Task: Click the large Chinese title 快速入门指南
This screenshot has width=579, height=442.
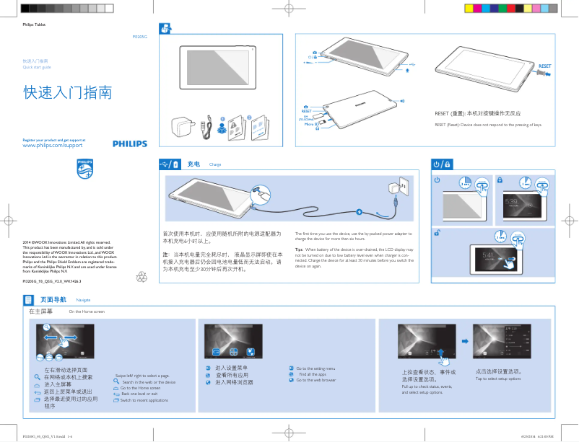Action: point(68,94)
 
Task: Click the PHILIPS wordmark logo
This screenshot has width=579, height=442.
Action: point(129,144)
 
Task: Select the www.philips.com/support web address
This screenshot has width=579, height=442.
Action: point(53,146)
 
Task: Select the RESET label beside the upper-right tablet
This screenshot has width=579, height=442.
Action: point(545,65)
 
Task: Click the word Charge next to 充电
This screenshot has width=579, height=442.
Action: point(214,165)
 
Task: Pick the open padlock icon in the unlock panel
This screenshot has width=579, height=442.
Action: point(437,232)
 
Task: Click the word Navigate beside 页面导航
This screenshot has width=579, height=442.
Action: point(83,299)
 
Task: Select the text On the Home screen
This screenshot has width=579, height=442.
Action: point(87,311)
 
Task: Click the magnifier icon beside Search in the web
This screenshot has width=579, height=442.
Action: point(116,382)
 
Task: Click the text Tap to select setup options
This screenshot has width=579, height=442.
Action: point(498,379)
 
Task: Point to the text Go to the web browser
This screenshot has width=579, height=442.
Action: point(316,380)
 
